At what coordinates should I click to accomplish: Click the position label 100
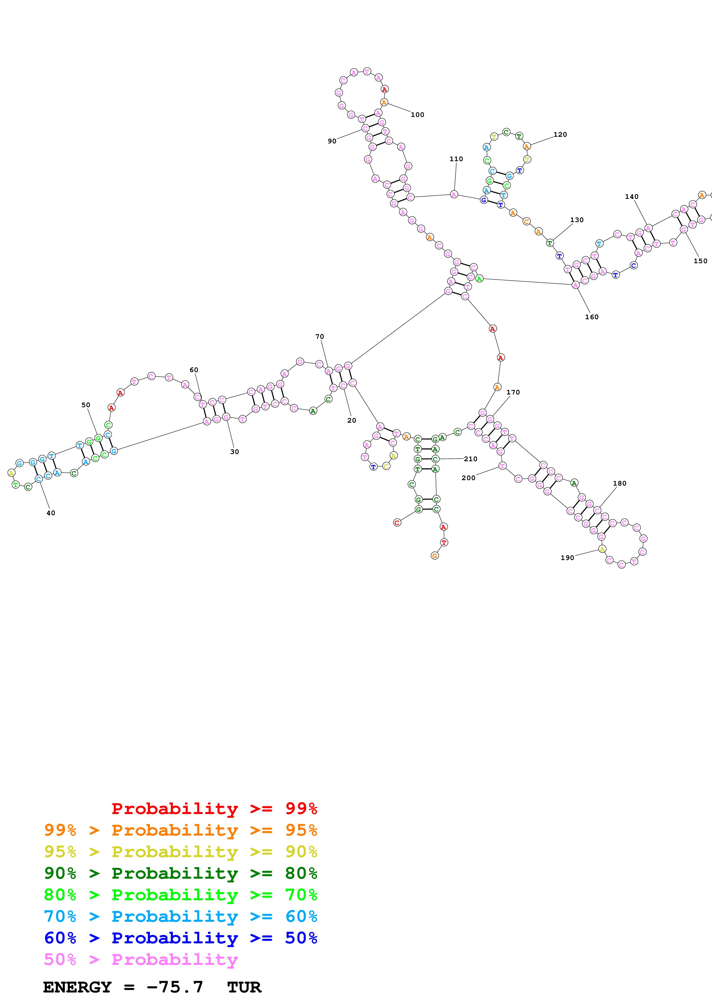(x=417, y=115)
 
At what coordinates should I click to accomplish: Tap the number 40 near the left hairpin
(x=51, y=513)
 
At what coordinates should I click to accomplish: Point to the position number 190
(x=567, y=557)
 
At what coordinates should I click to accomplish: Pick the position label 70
(x=319, y=336)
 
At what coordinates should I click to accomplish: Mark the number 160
(x=591, y=317)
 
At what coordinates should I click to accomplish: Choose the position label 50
(x=86, y=405)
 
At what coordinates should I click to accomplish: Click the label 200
(x=468, y=478)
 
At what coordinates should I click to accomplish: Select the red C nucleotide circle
(x=397, y=522)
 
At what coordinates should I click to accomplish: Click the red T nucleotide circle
(x=444, y=543)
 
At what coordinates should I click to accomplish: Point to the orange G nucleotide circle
(x=434, y=556)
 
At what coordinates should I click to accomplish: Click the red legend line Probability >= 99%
(x=214, y=808)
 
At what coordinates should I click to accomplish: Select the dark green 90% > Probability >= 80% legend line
(x=180, y=873)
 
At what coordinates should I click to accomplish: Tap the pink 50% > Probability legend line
(x=140, y=959)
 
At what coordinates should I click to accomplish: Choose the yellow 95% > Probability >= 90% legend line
(x=180, y=852)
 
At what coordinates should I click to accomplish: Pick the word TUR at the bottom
(x=244, y=987)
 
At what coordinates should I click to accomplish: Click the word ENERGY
(x=77, y=987)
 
